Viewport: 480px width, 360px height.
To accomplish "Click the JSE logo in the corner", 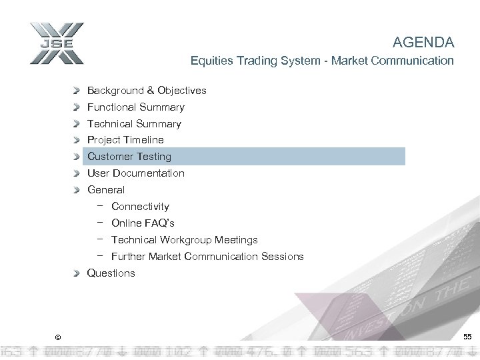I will pyautogui.click(x=56, y=45).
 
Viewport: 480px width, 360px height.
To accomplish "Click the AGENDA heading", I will pyautogui.click(x=423, y=43).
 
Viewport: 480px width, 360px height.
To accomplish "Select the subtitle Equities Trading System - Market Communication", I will pyautogui.click(x=322, y=61).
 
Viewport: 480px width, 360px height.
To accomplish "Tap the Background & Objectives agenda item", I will pyautogui.click(x=147, y=90).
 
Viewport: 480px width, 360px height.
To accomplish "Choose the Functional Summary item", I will pyautogui.click(x=135, y=107).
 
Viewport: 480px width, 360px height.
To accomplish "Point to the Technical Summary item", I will pyautogui.click(x=134, y=123).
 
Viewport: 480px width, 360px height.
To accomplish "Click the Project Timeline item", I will pyautogui.click(x=125, y=140).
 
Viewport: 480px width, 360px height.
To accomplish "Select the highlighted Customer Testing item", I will pyautogui.click(x=129, y=157).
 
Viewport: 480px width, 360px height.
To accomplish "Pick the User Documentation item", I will pyautogui.click(x=135, y=173).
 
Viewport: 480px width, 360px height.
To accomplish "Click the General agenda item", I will pyautogui.click(x=105, y=190).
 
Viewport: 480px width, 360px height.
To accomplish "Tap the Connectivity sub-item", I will pyautogui.click(x=140, y=207).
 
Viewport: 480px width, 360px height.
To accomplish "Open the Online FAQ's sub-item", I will pyautogui.click(x=143, y=223).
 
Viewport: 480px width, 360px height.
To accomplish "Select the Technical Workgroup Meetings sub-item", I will pyautogui.click(x=184, y=240).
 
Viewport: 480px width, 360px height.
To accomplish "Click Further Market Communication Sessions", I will pyautogui.click(x=207, y=257).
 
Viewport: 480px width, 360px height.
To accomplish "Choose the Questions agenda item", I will pyautogui.click(x=111, y=273).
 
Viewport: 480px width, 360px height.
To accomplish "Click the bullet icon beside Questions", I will pyautogui.click(x=78, y=273).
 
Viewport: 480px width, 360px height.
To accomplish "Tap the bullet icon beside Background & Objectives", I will pyautogui.click(x=78, y=90).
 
